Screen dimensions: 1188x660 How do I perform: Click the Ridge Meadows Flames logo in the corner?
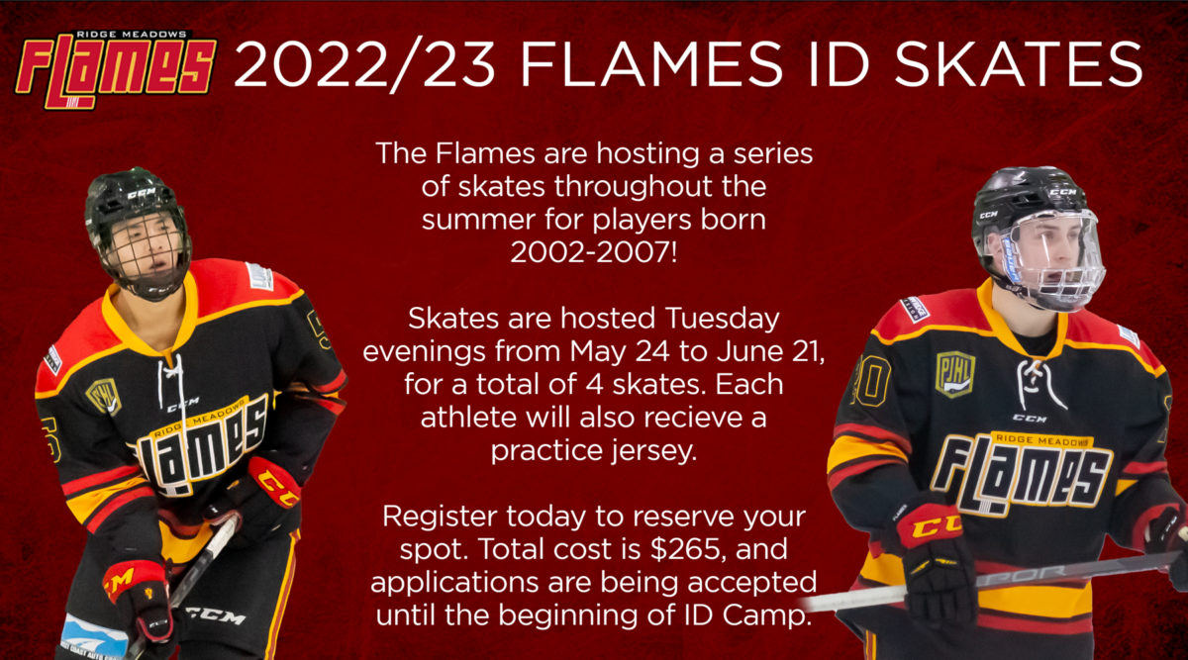[x=116, y=69]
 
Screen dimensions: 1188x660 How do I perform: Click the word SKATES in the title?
[x=1019, y=64]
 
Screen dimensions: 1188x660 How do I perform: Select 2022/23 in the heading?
[x=365, y=65]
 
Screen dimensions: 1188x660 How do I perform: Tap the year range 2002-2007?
[x=593, y=251]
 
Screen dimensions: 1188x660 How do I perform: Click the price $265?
[x=685, y=549]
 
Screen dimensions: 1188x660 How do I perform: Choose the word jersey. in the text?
[x=653, y=452]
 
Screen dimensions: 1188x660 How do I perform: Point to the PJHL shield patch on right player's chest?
[x=955, y=374]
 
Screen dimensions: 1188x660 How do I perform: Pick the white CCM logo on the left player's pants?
[x=216, y=615]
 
